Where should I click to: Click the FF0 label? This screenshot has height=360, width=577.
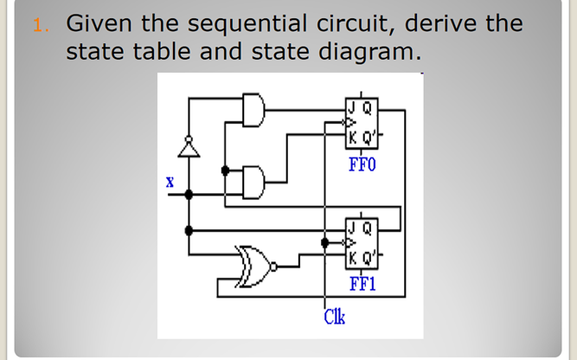coord(362,164)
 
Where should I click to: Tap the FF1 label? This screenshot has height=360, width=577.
coord(362,283)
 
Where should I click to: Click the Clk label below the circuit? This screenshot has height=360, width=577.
coord(334,318)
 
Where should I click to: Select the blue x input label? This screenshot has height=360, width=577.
coord(170,183)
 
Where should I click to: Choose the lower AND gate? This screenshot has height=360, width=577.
coord(256,182)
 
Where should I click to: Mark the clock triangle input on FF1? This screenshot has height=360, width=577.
coord(349,243)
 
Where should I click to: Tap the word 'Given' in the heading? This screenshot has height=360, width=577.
coord(97,23)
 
